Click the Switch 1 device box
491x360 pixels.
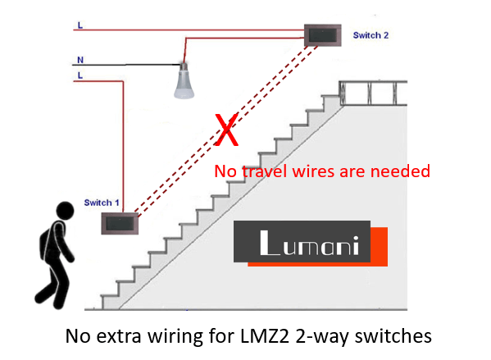pyautogui.click(x=120, y=223)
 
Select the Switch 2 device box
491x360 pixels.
pyautogui.click(x=323, y=35)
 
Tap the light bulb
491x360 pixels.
pyautogui.click(x=184, y=80)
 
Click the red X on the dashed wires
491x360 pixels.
pyautogui.click(x=227, y=130)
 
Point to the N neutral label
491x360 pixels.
pyautogui.click(x=80, y=60)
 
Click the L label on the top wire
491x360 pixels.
pyautogui.click(x=80, y=25)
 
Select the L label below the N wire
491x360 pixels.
pyautogui.click(x=80, y=75)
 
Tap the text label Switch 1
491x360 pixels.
pyautogui.click(x=102, y=203)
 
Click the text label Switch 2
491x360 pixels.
pyautogui.click(x=371, y=35)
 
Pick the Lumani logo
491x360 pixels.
pyautogui.click(x=311, y=244)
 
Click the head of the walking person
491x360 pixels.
pyautogui.click(x=65, y=210)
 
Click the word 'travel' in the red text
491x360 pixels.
pyautogui.click(x=265, y=171)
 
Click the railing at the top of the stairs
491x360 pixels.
pyautogui.click(x=373, y=93)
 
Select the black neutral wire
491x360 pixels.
pyautogui.click(x=126, y=65)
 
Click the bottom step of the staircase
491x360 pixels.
pyautogui.click(x=110, y=302)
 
